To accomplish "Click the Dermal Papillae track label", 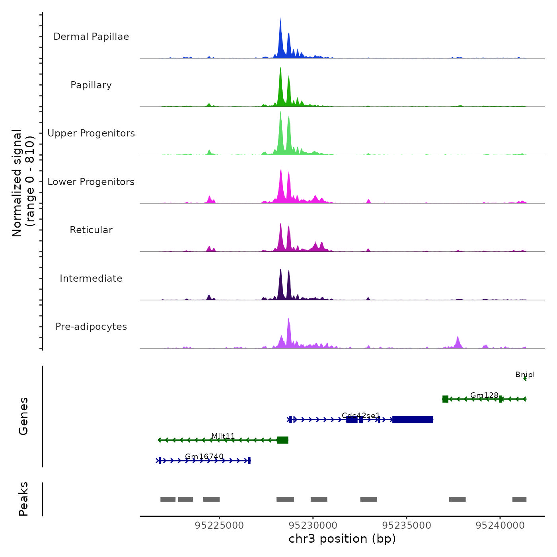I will [x=91, y=37].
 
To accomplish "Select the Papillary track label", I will [x=91, y=85].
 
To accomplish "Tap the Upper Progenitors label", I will [x=91, y=133].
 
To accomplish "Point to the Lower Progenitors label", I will [x=91, y=182].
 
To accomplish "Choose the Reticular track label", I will [x=91, y=230].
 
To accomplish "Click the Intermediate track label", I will [x=91, y=278].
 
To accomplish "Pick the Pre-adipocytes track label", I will [x=91, y=327].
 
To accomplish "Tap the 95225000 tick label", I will [x=219, y=526].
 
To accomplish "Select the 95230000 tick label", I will [x=313, y=526].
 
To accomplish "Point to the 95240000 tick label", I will [x=501, y=526].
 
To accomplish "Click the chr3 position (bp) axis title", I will [x=342, y=539].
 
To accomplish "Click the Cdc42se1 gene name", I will [x=361, y=416].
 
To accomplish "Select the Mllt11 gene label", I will [x=223, y=436].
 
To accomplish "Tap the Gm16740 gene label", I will [x=204, y=456].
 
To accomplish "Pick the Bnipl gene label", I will [x=525, y=375].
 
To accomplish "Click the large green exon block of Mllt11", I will [x=282, y=440].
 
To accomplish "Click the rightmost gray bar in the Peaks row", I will [x=519, y=499].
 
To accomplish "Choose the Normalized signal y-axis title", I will [x=23, y=183].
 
